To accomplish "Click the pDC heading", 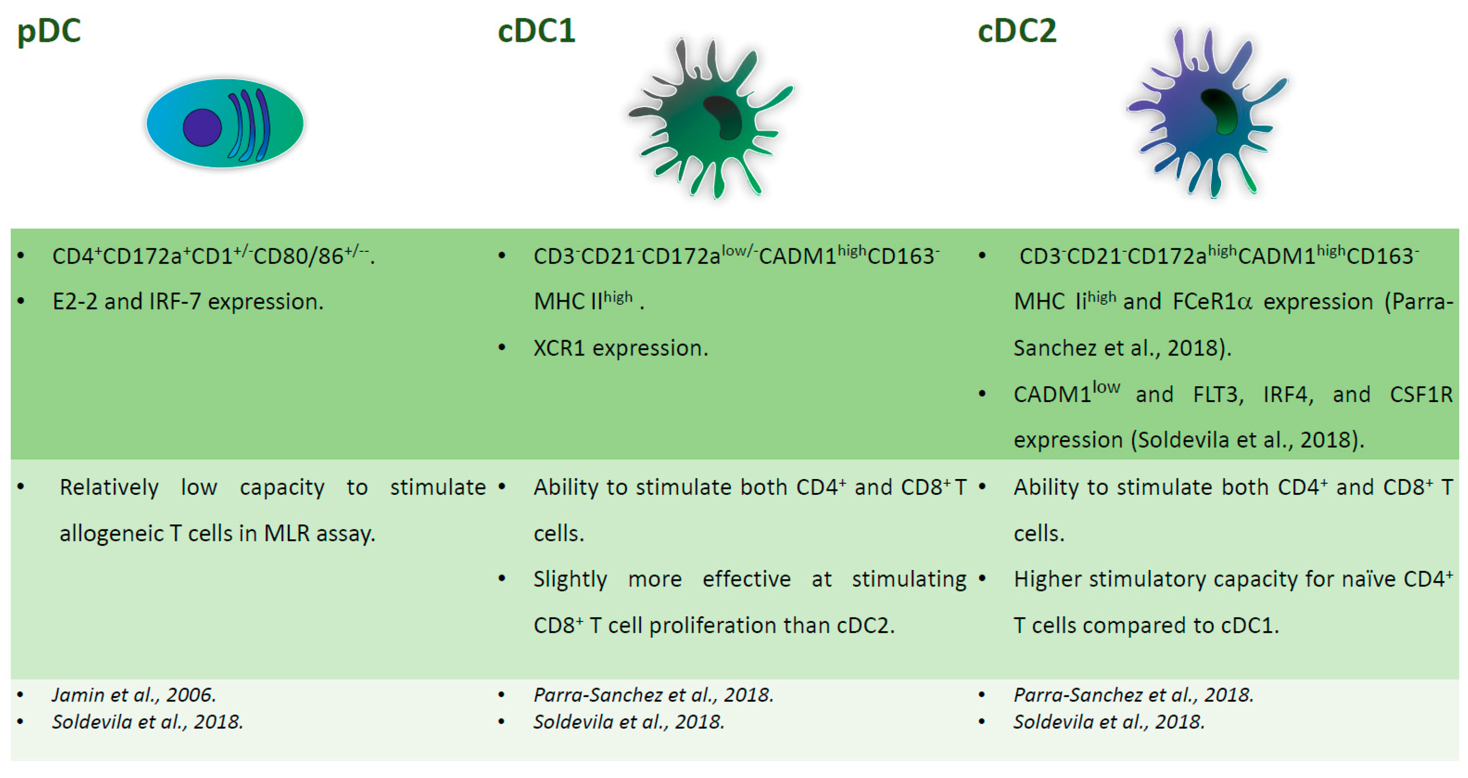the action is coord(49,32).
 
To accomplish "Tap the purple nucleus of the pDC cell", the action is coord(202,127).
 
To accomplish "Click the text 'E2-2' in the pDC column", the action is coord(75,302).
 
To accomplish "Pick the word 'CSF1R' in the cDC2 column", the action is coord(1421,394).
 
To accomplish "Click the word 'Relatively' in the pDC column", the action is coord(109,488).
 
